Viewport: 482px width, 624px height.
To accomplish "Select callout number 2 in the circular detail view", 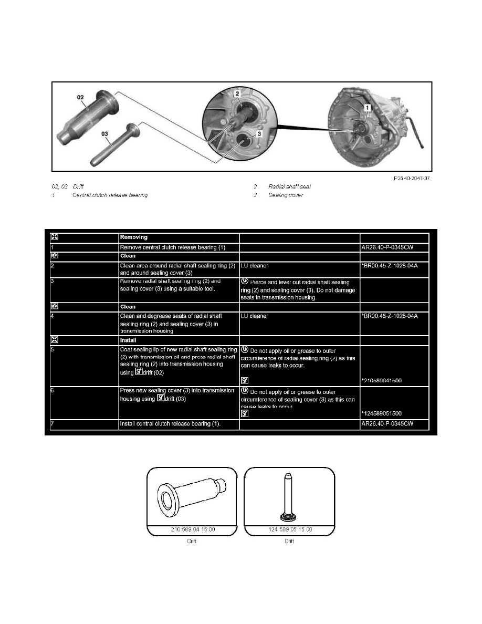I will pos(237,94).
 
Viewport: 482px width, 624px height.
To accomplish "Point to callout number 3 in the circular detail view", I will pos(258,134).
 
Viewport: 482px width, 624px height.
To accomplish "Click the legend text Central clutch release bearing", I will pos(110,195).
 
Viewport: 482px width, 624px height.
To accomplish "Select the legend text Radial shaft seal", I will pos(290,186).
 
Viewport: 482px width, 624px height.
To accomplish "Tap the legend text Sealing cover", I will pos(286,195).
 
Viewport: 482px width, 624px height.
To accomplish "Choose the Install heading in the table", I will pos(129,339).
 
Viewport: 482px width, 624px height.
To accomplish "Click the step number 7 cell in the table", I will pos(53,424).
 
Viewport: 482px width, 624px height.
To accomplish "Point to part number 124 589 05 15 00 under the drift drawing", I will pos(289,529).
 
